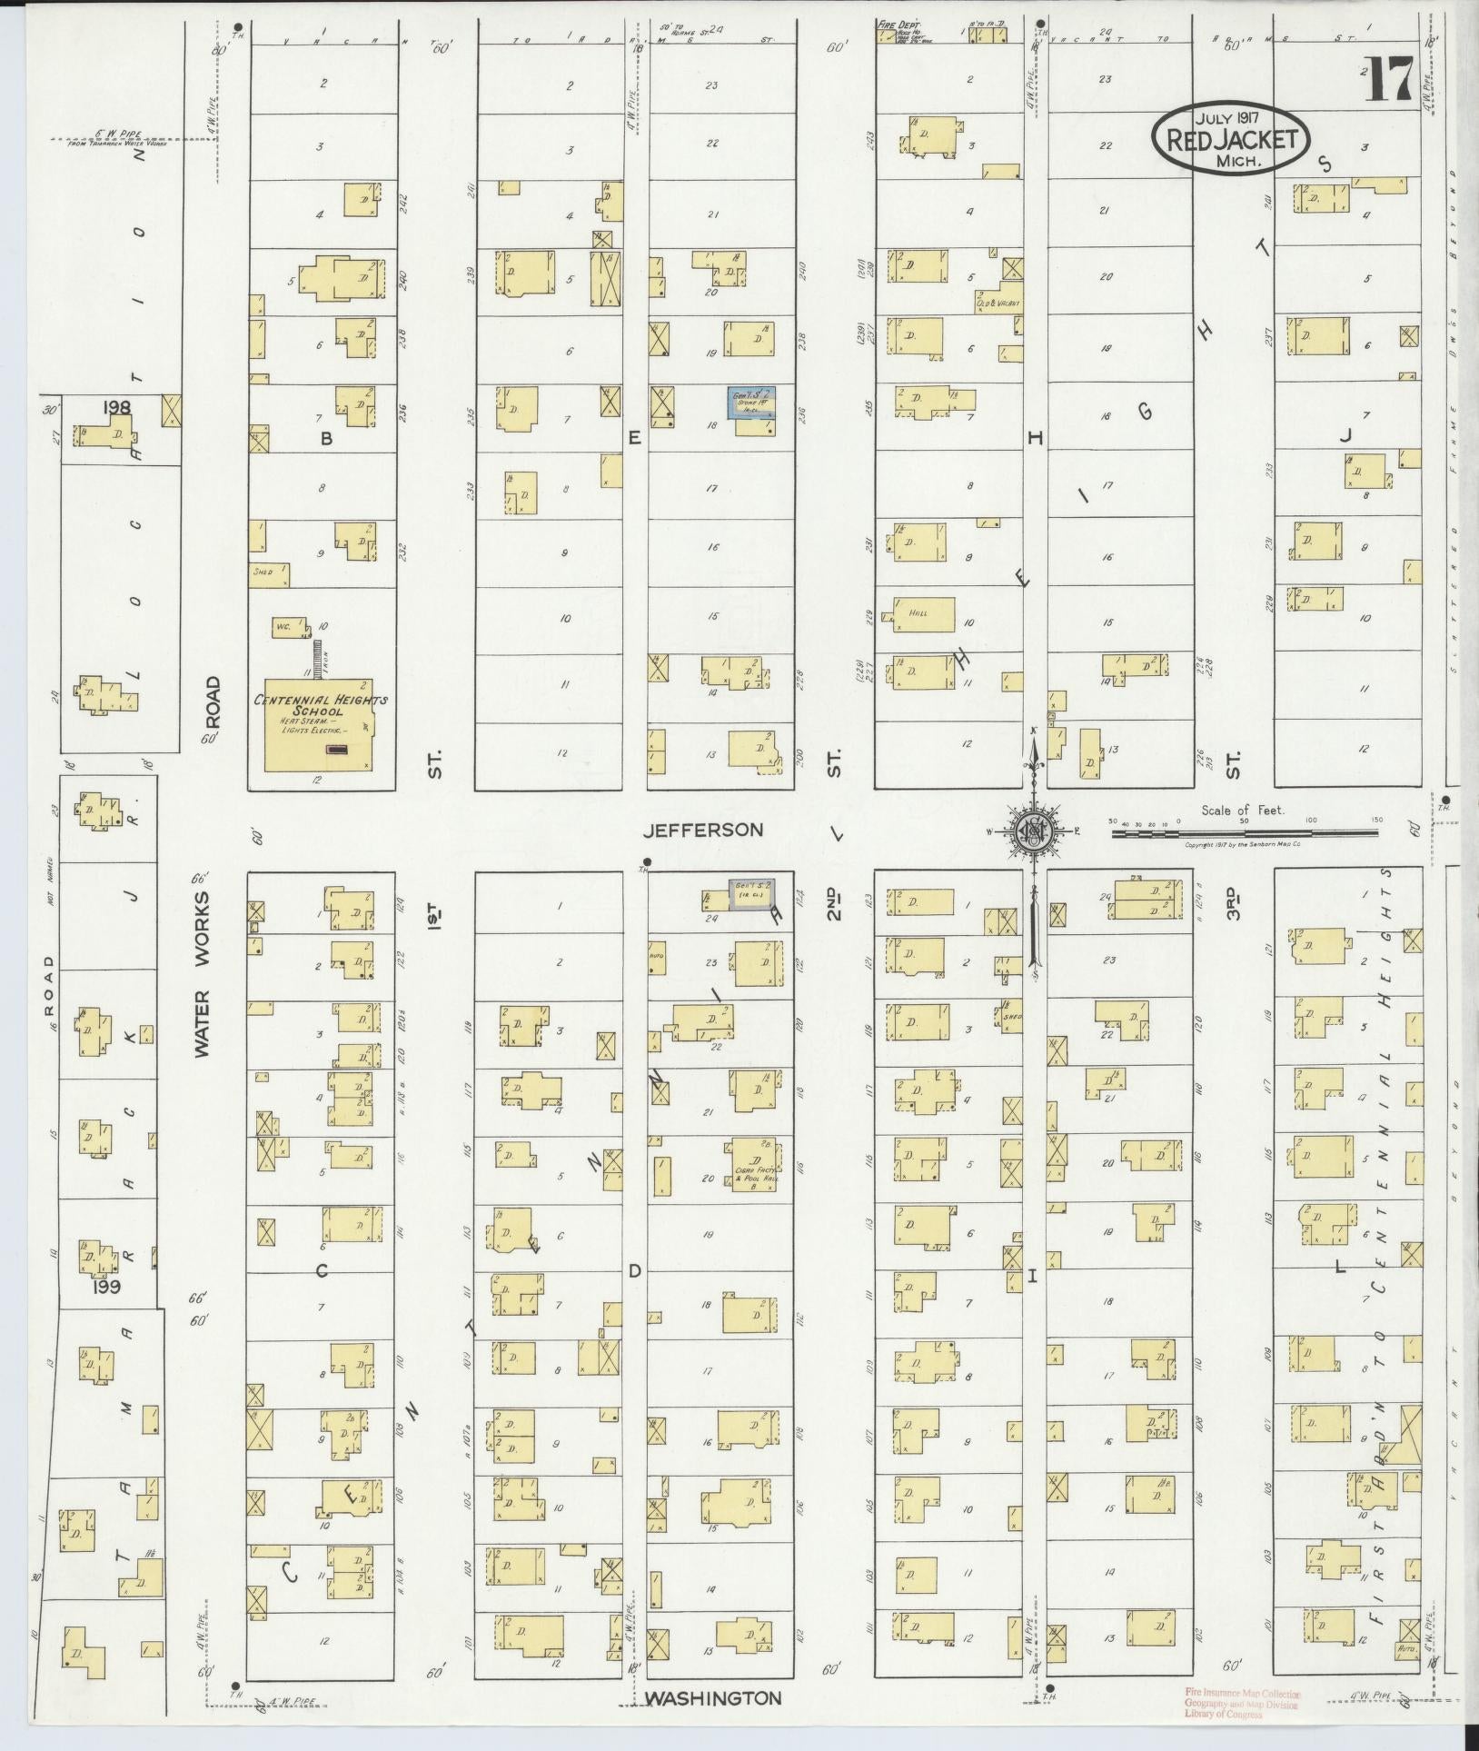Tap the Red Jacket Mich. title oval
(x=1231, y=139)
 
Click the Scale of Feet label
(x=1242, y=810)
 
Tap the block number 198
(x=117, y=408)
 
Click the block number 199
(x=105, y=1286)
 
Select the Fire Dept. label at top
(x=898, y=28)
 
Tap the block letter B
(x=324, y=439)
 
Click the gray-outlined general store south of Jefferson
(x=753, y=894)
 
